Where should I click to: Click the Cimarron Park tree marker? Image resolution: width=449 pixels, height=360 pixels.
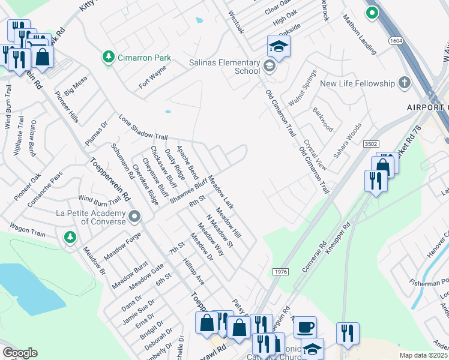click(108, 57)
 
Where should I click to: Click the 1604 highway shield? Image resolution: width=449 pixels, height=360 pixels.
click(396, 40)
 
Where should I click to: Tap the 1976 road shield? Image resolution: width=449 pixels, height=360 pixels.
click(280, 272)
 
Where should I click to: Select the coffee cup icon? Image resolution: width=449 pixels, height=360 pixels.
click(305, 328)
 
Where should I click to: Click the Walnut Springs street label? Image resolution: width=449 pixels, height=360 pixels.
click(302, 88)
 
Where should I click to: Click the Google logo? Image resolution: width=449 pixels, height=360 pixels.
click(19, 353)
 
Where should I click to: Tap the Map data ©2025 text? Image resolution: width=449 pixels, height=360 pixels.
click(423, 355)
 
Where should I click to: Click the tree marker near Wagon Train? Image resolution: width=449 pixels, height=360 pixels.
click(70, 238)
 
